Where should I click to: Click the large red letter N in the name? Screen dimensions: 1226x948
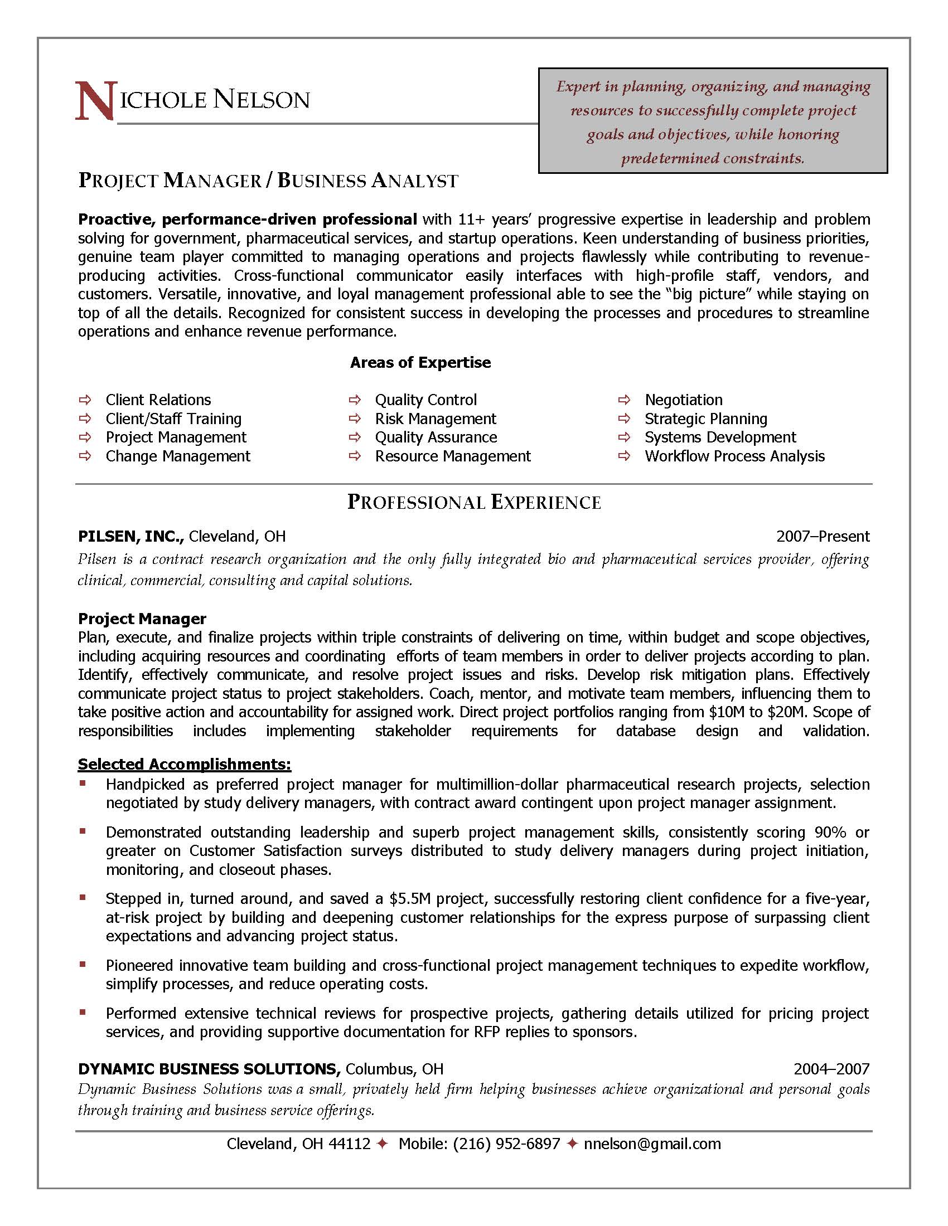[x=94, y=101]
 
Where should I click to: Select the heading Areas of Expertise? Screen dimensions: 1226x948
[x=420, y=363]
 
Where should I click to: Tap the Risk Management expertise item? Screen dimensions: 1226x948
[x=436, y=419]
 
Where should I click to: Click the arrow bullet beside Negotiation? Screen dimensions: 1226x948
[x=623, y=400]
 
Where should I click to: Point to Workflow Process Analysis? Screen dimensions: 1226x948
[x=734, y=456]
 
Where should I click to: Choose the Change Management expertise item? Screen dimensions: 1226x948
[x=177, y=456]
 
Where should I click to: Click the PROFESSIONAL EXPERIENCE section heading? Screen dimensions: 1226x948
[x=474, y=502]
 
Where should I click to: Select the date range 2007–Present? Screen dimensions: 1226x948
[x=822, y=537]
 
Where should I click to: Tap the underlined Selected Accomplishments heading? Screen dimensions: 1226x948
[x=184, y=764]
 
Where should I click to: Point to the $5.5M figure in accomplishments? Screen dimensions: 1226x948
[x=410, y=899]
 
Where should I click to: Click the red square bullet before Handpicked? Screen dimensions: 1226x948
[x=83, y=782]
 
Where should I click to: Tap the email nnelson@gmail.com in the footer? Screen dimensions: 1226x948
[x=652, y=1144]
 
